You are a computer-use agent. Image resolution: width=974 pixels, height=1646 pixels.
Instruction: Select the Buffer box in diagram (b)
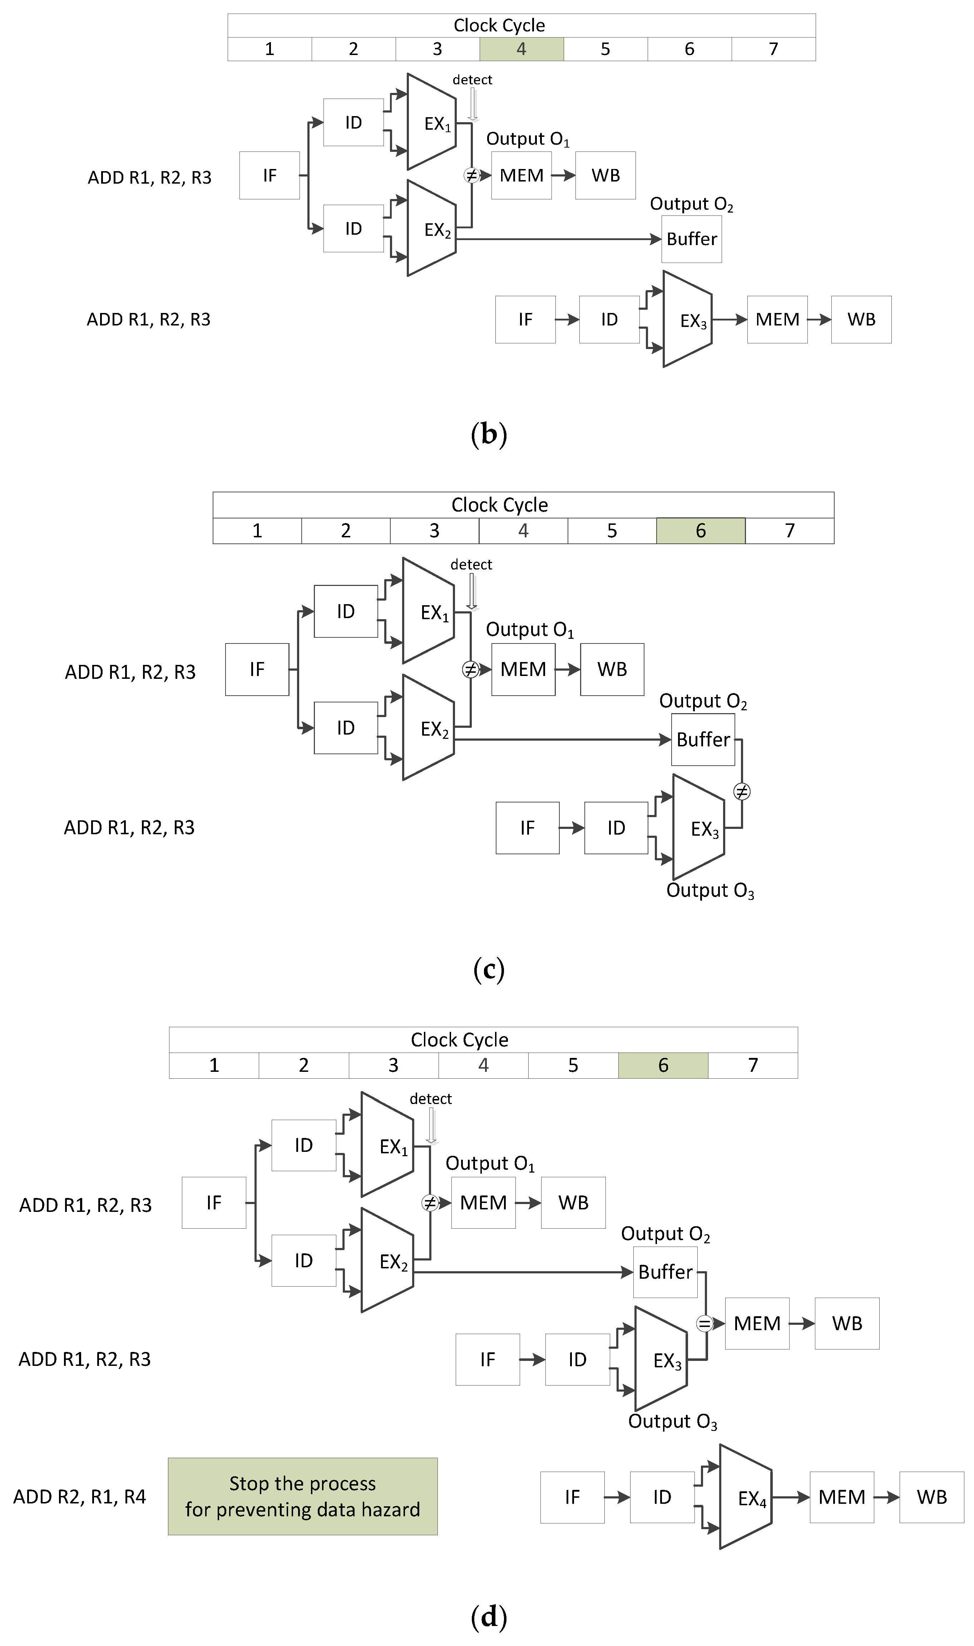point(691,239)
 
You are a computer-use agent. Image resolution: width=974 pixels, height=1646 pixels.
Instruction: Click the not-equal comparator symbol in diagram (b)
point(471,175)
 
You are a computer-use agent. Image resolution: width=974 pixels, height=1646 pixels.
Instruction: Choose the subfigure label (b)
point(489,434)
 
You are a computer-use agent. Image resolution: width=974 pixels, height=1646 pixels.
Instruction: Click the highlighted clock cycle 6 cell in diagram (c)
point(700,531)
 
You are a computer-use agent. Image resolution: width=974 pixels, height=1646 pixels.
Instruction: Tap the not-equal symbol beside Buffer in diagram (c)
point(741,792)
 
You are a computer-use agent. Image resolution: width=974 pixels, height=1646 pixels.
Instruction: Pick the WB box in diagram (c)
point(612,669)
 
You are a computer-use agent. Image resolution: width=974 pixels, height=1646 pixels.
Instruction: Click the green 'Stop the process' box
point(303,1496)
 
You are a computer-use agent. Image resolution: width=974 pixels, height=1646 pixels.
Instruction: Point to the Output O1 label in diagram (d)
point(490,1164)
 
